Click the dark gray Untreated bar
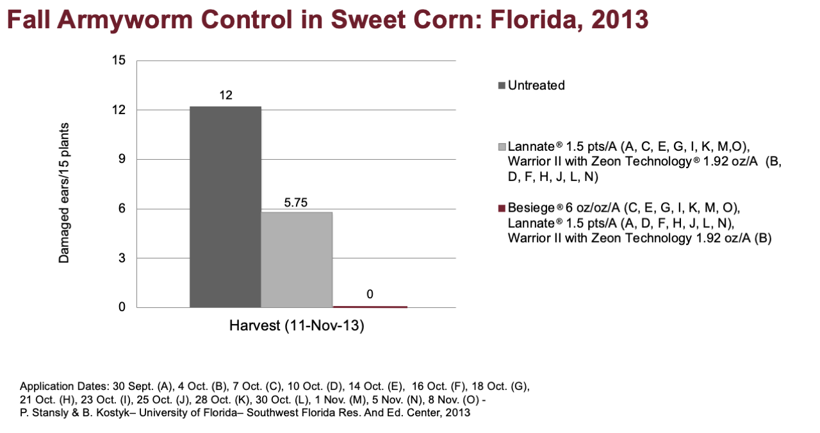pos(225,207)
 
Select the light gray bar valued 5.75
pos(297,260)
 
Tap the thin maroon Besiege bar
pos(370,307)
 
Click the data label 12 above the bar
pos(226,96)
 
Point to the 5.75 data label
pos(296,202)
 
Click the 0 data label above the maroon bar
pos(370,294)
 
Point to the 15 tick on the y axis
pos(119,60)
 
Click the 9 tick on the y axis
pos(122,159)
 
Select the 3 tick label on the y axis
pos(122,258)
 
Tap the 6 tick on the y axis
pos(122,208)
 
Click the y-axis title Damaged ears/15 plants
pos(63,193)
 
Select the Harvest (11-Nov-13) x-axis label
pos(297,326)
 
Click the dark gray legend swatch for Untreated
pos(502,86)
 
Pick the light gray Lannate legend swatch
pos(502,147)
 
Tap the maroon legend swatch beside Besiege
pos(502,208)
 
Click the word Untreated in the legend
pos(536,85)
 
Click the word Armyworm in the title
pos(125,19)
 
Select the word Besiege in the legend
pos(532,208)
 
